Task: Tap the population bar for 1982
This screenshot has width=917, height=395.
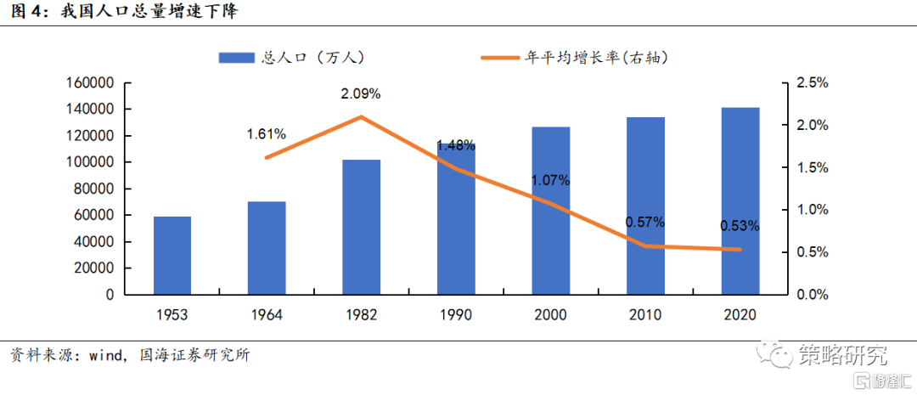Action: tap(362, 227)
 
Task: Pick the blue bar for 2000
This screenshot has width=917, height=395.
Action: tap(551, 211)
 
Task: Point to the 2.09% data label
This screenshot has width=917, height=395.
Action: tap(361, 93)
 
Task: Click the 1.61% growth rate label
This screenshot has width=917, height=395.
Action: tap(267, 134)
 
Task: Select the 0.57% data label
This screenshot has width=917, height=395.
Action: tap(645, 223)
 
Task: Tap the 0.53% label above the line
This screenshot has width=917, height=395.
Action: tap(740, 226)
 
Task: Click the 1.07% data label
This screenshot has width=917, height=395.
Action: tap(551, 180)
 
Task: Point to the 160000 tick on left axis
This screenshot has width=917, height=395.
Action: tap(89, 83)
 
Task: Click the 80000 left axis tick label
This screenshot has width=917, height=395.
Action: tap(93, 189)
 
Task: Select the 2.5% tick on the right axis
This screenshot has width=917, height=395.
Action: tap(812, 83)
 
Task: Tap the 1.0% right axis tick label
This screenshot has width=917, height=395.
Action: tap(812, 210)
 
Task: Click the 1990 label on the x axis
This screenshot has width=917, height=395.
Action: tap(456, 315)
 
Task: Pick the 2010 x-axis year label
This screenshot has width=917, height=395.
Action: tap(645, 315)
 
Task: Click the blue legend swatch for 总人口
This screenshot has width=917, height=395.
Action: tap(237, 57)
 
